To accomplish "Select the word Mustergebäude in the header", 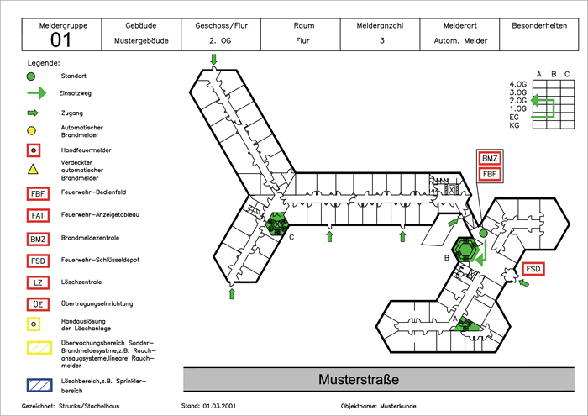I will pos(139,40).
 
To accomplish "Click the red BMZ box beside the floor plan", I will pos(490,158).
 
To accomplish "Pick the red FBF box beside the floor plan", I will pos(490,174).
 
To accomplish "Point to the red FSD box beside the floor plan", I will pos(533,269).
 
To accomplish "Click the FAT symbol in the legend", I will pos(37,215).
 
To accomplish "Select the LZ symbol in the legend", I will pos(37,282).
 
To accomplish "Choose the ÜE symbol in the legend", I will pos(37,303).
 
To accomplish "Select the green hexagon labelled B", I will pos(465,249).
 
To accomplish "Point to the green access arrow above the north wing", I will pos(214,59).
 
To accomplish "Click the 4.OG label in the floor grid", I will pos(518,85).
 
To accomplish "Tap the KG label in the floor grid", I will pos(514,125).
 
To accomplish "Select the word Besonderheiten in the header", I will pos(540,26).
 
